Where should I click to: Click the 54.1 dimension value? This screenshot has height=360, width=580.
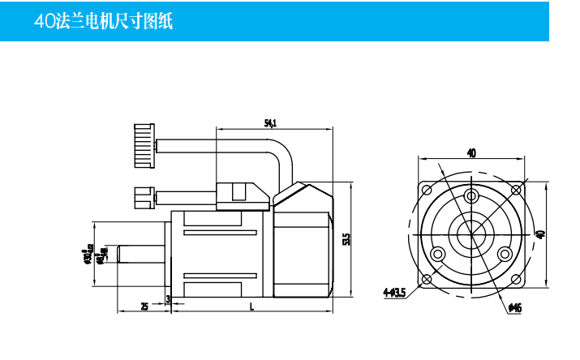(x=271, y=123)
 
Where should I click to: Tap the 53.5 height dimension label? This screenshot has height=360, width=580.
(x=346, y=239)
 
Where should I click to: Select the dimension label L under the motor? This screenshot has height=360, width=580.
(x=252, y=306)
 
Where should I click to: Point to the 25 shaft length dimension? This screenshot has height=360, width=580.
(x=144, y=306)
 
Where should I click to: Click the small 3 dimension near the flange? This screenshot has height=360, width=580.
(x=168, y=299)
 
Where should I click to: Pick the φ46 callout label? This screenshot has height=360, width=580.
(x=514, y=307)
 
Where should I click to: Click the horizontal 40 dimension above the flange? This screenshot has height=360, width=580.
(x=471, y=152)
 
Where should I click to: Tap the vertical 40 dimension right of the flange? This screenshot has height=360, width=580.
(x=541, y=234)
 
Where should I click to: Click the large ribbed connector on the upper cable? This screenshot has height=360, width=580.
(x=144, y=145)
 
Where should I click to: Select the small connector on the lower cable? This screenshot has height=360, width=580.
(x=143, y=197)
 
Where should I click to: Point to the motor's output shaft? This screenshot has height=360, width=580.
(x=142, y=254)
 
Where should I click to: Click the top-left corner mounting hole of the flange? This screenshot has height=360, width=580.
(x=426, y=188)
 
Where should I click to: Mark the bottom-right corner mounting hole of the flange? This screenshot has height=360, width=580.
(x=515, y=278)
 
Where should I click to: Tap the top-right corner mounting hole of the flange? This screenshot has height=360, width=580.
(x=515, y=188)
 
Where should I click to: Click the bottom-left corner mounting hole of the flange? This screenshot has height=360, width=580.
(x=426, y=278)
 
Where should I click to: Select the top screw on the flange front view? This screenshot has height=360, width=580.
(x=470, y=196)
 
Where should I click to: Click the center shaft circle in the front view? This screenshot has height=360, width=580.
(x=470, y=234)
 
